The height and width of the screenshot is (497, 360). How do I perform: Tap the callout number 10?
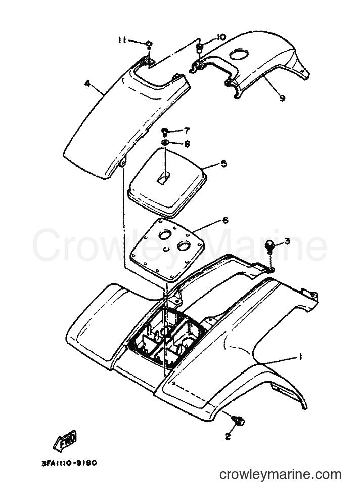coord(221,37)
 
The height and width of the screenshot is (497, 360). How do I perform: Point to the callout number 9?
coord(282,98)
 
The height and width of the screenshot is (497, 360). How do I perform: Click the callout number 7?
coord(187,131)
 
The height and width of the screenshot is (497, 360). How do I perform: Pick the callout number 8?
coord(187,144)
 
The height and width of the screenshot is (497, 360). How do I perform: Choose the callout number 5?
coord(223,164)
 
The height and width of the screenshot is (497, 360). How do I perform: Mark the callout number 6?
coord(225,220)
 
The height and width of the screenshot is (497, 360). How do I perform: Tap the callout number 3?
coord(287,241)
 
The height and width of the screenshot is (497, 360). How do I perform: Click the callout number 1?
coord(299,357)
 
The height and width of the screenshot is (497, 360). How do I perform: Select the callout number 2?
coord(228,436)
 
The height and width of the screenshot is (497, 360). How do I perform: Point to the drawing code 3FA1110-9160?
coord(69,463)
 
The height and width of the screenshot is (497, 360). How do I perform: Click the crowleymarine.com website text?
coord(281,475)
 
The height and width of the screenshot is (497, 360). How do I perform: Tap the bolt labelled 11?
coord(149,45)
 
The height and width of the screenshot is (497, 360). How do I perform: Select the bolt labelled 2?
coord(239,420)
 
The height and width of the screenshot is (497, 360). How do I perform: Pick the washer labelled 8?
coord(165,142)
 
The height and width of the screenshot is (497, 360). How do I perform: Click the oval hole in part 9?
coord(240,55)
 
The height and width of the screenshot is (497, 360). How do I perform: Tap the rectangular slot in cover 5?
coord(163,178)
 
